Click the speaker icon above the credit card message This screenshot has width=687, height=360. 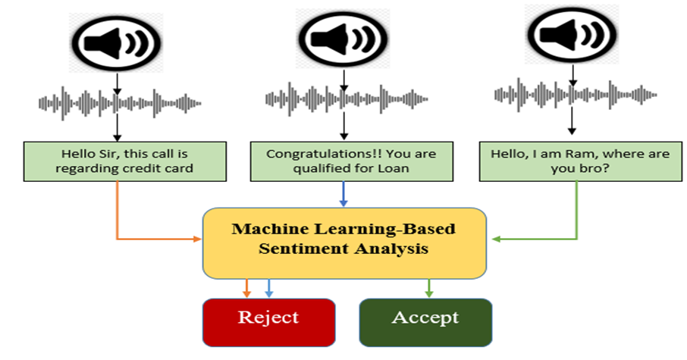tap(117, 43)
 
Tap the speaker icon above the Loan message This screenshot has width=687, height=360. tap(343, 38)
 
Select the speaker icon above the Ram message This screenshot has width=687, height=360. tap(572, 34)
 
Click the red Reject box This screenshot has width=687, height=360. tap(269, 322)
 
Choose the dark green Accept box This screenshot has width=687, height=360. tap(425, 322)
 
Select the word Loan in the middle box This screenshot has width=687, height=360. tap(396, 168)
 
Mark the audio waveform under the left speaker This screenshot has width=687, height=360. tap(120, 103)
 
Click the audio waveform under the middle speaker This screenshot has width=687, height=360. tap(347, 99)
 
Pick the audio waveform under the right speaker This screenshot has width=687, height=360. tap(576, 95)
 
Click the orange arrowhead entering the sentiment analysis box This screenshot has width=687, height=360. tap(198, 239)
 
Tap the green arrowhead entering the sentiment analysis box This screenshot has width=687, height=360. tap(497, 239)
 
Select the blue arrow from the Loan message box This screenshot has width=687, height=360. tap(343, 193)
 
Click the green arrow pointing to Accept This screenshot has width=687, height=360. tap(429, 288)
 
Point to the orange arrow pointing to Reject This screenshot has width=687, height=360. tap(246, 288)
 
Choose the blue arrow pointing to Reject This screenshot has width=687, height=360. tap(269, 288)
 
